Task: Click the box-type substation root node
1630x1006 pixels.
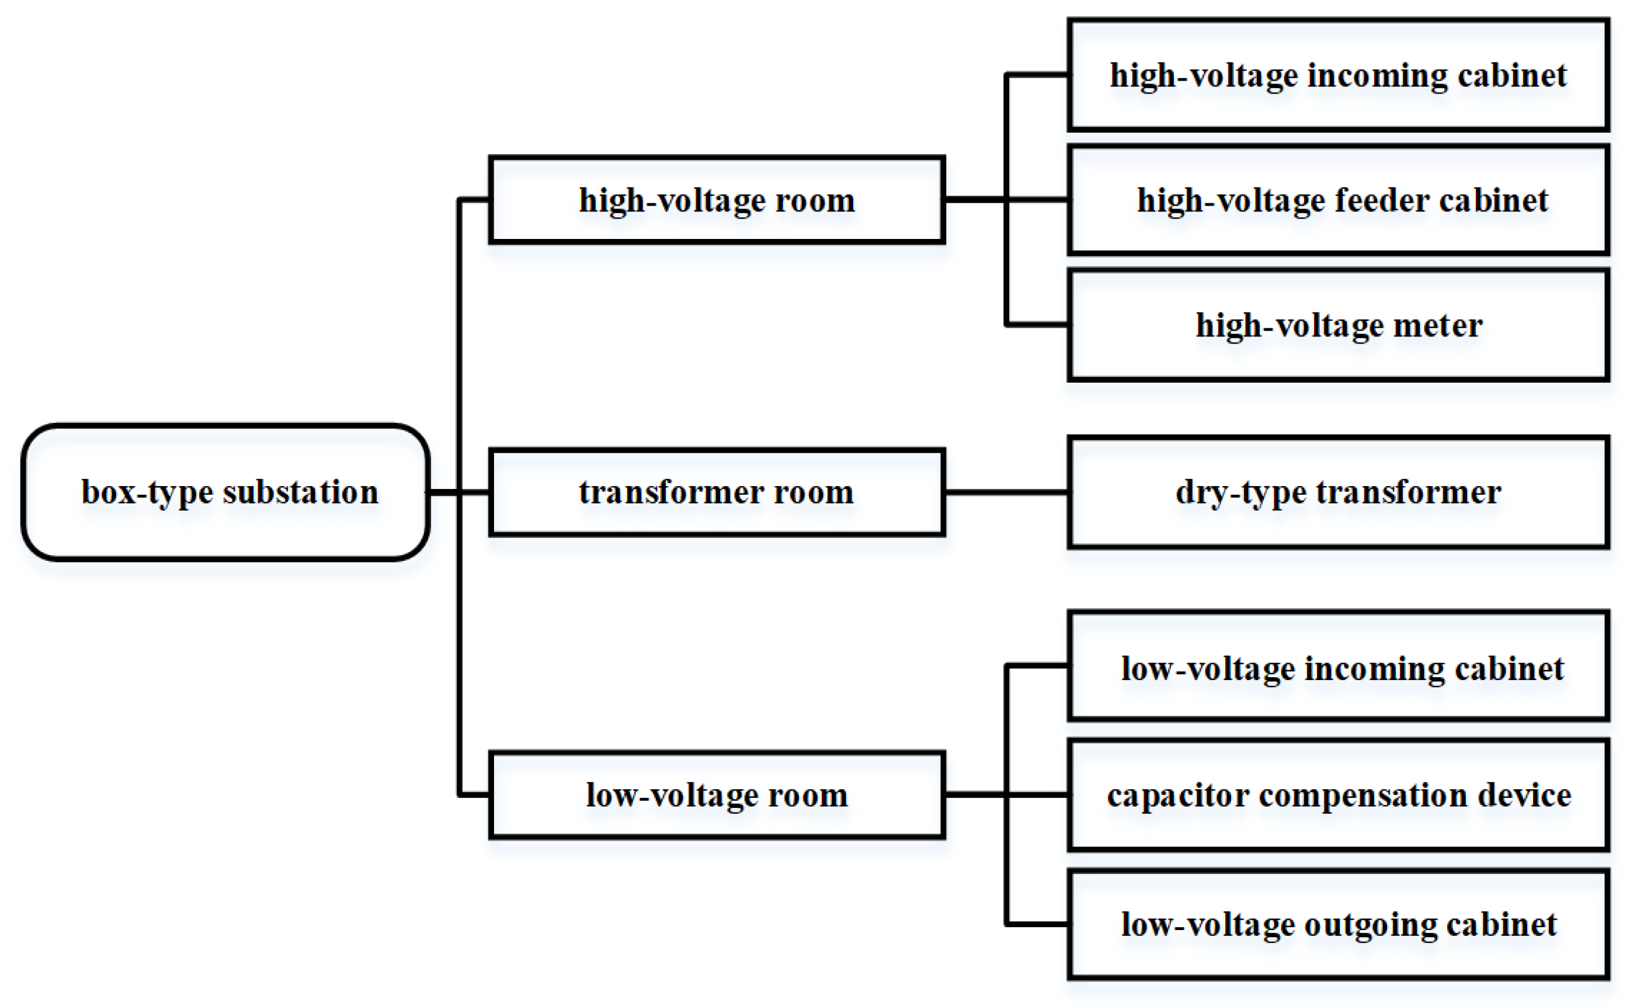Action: tap(225, 492)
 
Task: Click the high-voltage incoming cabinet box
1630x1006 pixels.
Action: tap(1338, 75)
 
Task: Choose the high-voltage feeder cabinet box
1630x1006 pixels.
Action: tap(1338, 200)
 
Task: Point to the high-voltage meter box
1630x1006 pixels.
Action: tap(1338, 325)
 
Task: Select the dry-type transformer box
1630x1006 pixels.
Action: tap(1338, 492)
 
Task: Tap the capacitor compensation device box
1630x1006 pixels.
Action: tap(1338, 795)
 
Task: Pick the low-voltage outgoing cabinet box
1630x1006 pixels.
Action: tap(1338, 924)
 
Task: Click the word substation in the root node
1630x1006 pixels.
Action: tap(300, 492)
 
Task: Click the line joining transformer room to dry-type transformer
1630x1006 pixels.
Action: tap(1006, 492)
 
